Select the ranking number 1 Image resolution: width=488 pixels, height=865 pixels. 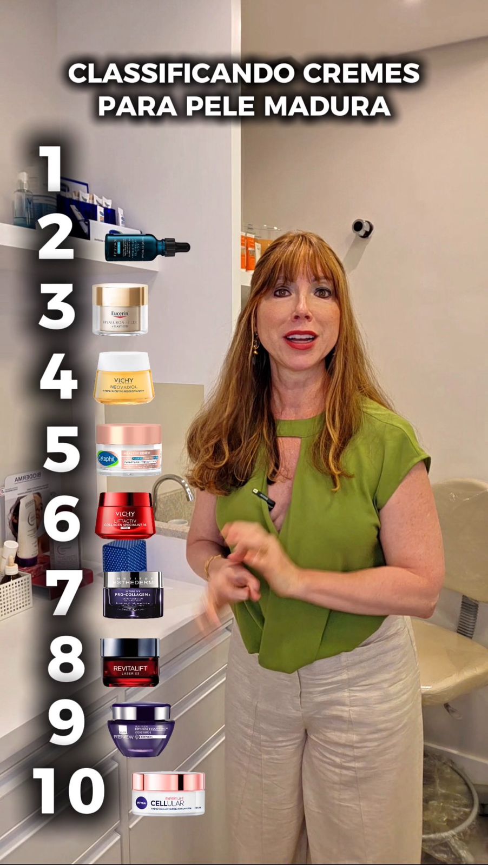click(52, 169)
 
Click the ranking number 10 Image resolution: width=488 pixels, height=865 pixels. click(68, 790)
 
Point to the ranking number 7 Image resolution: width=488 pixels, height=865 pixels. click(64, 593)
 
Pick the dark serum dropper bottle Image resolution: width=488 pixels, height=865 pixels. click(146, 248)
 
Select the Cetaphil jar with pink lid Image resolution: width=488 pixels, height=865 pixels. click(129, 449)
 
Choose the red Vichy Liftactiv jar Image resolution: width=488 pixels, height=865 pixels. click(125, 515)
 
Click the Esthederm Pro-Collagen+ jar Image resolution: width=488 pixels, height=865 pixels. click(133, 594)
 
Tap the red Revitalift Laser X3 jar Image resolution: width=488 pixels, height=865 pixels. click(130, 662)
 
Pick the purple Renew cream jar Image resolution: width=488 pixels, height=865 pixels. click(141, 729)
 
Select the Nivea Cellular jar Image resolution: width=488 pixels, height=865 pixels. click(169, 793)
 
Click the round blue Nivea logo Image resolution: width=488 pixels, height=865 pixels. click(141, 803)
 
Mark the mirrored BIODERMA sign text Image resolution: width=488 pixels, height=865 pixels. click(24, 480)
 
